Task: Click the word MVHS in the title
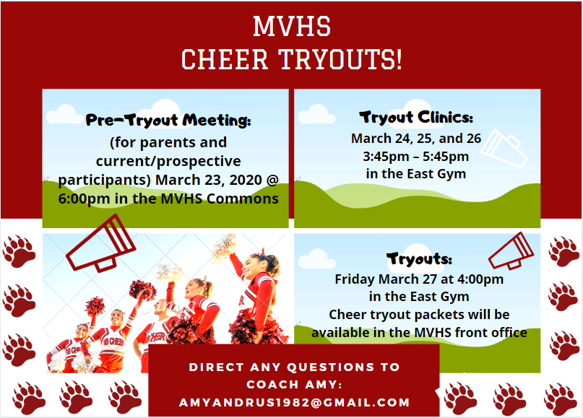[x=292, y=27]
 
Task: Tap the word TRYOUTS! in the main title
[x=340, y=59]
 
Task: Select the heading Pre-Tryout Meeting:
[x=168, y=120]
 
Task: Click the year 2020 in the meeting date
[x=246, y=180]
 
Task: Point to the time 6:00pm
[x=84, y=199]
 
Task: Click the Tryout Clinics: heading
[x=416, y=118]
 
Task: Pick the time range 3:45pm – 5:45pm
[x=415, y=157]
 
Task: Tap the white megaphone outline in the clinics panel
[x=504, y=148]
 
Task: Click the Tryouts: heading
[x=419, y=258]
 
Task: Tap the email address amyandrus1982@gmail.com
[x=294, y=402]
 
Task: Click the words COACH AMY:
[x=294, y=385]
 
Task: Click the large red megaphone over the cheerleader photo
[x=100, y=243]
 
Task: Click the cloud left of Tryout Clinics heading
[x=316, y=115]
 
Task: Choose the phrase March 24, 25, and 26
[x=416, y=139]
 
